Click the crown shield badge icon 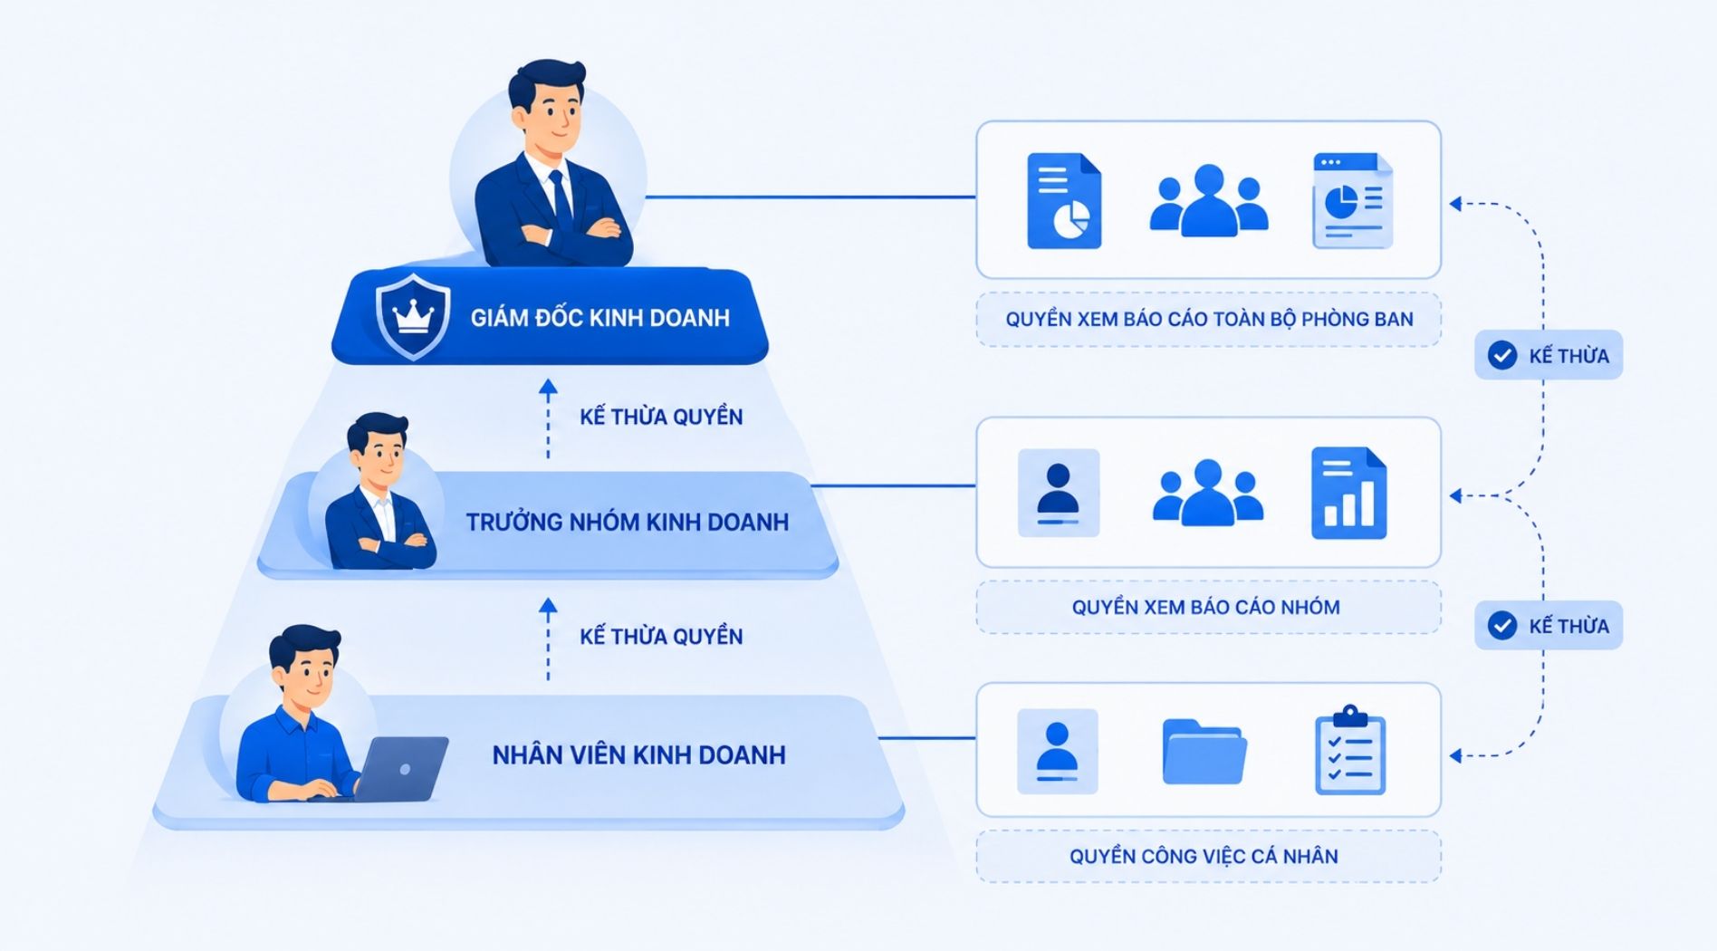(x=413, y=316)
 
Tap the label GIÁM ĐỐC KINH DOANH (x=600, y=317)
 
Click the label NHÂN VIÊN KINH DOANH (x=638, y=754)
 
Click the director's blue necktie (x=561, y=200)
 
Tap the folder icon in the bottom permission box (x=1204, y=752)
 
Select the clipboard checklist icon (x=1349, y=751)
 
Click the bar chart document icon (x=1348, y=493)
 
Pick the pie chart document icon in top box (x=1064, y=200)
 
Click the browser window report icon (x=1352, y=200)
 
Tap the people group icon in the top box (x=1208, y=200)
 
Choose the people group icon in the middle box (x=1207, y=493)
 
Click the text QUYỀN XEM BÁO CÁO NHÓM (x=1205, y=607)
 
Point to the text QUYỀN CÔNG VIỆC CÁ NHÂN (x=1204, y=856)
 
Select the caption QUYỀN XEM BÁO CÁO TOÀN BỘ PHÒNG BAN (x=1209, y=319)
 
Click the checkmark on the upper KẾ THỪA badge (x=1502, y=355)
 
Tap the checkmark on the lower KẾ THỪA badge (x=1502, y=625)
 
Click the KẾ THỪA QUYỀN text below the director (x=661, y=417)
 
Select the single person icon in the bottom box (x=1058, y=752)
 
